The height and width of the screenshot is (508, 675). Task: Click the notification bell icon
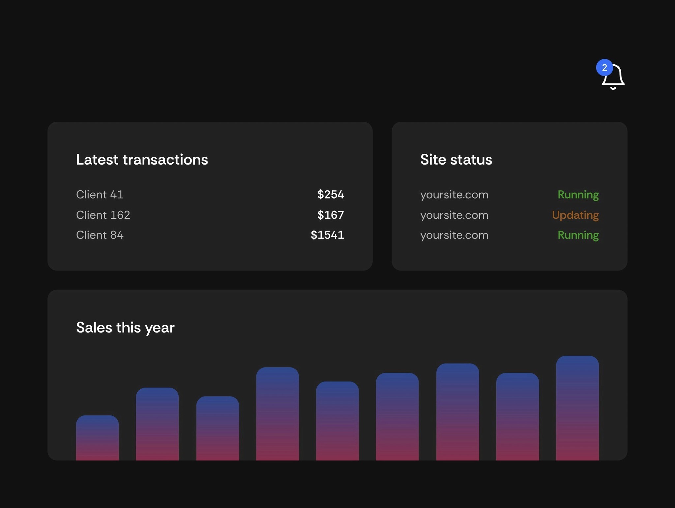point(614,78)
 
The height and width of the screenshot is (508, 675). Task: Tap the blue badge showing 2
point(604,68)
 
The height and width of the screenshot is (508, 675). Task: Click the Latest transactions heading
point(142,160)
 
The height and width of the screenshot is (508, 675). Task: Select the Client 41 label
point(100,195)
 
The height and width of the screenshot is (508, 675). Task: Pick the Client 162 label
point(103,215)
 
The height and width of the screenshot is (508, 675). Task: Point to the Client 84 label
point(100,235)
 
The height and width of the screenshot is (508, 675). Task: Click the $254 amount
point(331,195)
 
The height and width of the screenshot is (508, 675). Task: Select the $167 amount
point(331,215)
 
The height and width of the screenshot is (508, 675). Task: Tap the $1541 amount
point(327,235)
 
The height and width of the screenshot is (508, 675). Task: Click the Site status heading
point(456,160)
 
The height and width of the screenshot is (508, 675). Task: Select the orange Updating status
point(575,215)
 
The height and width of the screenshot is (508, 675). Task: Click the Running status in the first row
point(578,195)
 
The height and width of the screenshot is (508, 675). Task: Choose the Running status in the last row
point(578,235)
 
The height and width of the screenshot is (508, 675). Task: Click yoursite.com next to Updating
point(454,215)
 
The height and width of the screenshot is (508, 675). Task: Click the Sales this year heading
point(125,328)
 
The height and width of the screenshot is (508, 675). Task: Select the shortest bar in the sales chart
point(97,438)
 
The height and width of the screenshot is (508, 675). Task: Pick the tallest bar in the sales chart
point(577,408)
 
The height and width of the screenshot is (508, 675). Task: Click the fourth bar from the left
point(278,414)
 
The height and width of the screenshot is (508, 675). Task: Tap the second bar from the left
point(157,424)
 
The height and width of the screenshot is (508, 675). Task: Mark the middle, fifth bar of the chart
point(337,421)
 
